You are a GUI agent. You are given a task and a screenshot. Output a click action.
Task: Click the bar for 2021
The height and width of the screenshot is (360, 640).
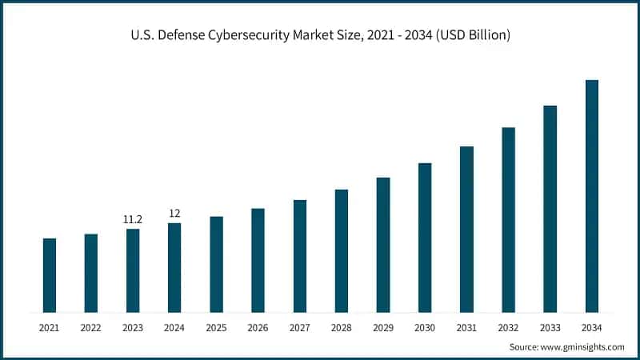pos(50,275)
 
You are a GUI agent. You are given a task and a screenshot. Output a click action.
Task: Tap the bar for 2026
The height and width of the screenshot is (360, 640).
pos(258,260)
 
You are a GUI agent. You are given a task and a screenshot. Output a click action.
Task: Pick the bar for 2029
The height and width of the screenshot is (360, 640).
pos(383,245)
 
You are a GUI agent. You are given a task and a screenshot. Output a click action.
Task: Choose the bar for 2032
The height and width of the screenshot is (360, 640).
pos(508,220)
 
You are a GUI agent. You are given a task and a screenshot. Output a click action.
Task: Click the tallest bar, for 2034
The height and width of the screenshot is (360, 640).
pos(592,196)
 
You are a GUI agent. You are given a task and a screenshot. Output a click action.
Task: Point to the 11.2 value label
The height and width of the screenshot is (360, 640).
pos(133,219)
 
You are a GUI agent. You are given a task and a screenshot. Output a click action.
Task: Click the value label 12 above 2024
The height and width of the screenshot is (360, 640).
pos(174,213)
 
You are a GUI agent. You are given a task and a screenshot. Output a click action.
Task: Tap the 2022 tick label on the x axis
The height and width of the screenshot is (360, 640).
pos(91,327)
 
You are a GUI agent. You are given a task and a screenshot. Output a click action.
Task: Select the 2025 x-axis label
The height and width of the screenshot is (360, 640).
pos(216,327)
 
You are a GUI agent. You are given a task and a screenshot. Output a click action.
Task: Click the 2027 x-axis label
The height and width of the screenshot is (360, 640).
pos(299,327)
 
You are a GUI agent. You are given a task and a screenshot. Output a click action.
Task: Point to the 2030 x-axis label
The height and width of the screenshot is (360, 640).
pos(425,327)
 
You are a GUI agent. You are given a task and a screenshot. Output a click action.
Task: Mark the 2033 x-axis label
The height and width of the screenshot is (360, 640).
pos(550,327)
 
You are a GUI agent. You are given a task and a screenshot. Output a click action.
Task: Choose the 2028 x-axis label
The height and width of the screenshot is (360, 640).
pos(342,327)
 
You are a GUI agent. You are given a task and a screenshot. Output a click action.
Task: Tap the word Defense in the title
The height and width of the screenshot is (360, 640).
pos(185,35)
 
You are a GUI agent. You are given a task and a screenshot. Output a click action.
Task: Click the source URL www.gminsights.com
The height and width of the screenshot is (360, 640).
pos(582,347)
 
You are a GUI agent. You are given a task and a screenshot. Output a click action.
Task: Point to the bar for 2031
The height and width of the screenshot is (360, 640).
pos(466,230)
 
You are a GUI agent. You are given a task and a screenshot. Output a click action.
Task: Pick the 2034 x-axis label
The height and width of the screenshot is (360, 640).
pos(592,327)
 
